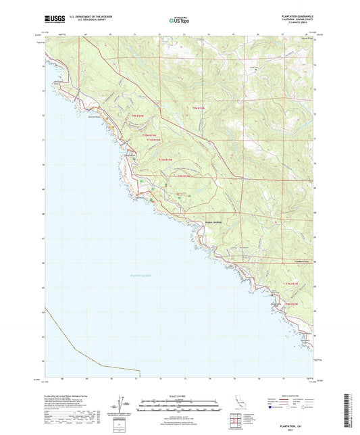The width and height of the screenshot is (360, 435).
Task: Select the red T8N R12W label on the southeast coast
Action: pos(291,305)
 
